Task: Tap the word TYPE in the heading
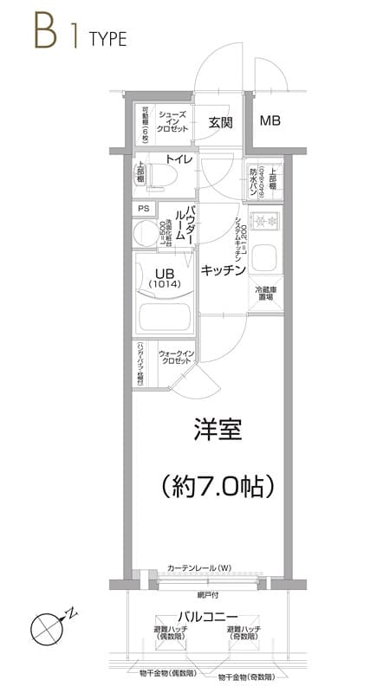click(x=107, y=39)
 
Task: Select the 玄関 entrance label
click(x=220, y=122)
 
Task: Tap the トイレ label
click(x=179, y=159)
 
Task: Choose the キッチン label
click(x=224, y=271)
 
